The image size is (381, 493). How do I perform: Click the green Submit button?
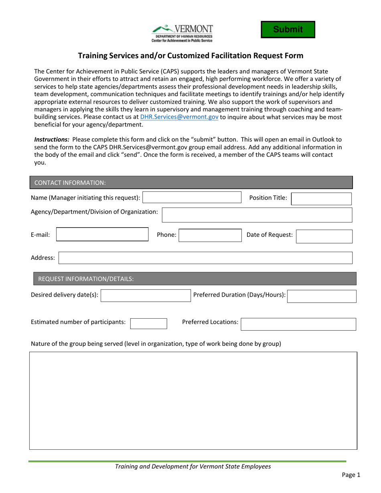coord(288,30)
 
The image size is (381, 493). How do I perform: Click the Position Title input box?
coord(321,199)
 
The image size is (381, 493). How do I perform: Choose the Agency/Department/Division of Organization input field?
coord(257,214)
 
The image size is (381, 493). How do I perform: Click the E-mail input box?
coord(102,234)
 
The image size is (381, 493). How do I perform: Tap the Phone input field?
coord(208,236)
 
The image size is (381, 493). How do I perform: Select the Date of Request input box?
coord(324,236)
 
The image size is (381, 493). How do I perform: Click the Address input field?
coord(205,258)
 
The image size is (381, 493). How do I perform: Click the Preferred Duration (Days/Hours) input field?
coord(322,296)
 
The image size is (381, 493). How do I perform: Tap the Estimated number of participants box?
coord(148,323)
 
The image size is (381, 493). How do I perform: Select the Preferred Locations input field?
coord(298,324)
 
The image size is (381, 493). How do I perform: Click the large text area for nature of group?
coord(193,400)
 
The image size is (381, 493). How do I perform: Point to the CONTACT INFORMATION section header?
coord(70,183)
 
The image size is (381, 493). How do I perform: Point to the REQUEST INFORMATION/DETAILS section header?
coord(85,279)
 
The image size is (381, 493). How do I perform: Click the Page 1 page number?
coord(351,475)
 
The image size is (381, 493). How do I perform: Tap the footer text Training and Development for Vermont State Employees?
coord(193,467)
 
